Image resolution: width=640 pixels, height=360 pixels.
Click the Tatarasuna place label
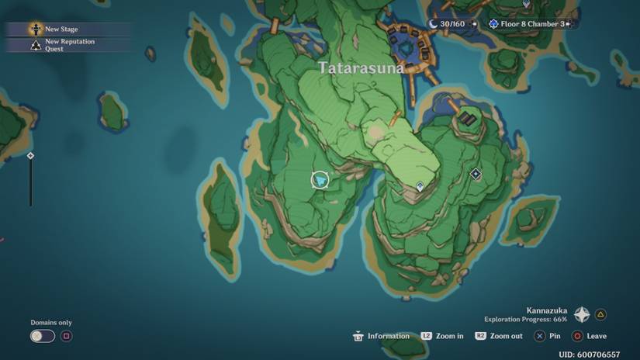[362, 68]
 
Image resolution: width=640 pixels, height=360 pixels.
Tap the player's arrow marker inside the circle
[320, 180]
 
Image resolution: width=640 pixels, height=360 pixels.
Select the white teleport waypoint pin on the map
[420, 186]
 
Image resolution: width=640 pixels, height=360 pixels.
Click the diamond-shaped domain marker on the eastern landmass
[476, 175]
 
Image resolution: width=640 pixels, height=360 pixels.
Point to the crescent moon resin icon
[433, 24]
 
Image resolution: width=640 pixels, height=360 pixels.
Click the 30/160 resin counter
[451, 24]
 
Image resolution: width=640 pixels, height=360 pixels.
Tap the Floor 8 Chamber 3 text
[532, 24]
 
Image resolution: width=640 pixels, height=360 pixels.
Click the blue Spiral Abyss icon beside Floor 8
[493, 24]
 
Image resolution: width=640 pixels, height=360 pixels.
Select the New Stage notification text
[61, 29]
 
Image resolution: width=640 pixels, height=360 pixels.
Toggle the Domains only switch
[42, 336]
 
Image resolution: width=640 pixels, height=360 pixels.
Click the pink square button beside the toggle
[67, 336]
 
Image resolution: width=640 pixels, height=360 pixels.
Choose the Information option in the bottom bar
[388, 336]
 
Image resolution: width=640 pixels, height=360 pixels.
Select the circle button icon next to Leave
[576, 336]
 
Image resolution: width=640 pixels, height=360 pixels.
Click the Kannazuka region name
[546, 310]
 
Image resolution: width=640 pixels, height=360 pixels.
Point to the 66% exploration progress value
[559, 319]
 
